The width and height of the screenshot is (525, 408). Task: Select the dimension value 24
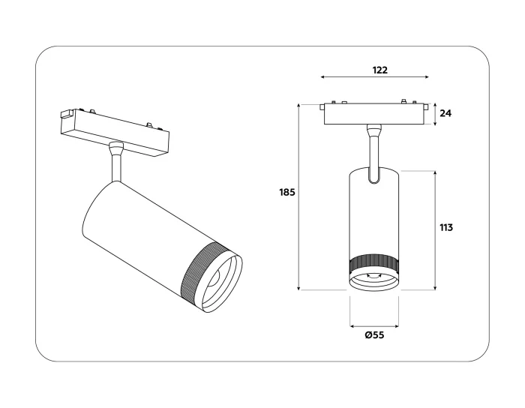click(x=445, y=114)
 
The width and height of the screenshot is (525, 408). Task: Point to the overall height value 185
click(x=286, y=192)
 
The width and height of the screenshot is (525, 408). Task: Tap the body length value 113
click(x=445, y=227)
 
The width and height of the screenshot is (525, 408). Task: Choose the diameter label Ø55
click(x=374, y=335)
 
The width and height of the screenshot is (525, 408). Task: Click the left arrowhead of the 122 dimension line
click(x=322, y=77)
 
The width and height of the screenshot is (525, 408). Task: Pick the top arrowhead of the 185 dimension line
click(x=299, y=105)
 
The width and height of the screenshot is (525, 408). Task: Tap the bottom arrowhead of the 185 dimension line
click(x=299, y=289)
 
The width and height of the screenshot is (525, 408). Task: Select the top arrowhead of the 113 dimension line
click(x=435, y=172)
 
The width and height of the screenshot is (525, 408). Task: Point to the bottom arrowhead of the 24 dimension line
click(x=435, y=124)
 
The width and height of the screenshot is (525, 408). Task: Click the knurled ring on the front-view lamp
click(x=374, y=264)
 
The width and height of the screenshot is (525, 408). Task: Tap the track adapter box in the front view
click(x=374, y=114)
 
